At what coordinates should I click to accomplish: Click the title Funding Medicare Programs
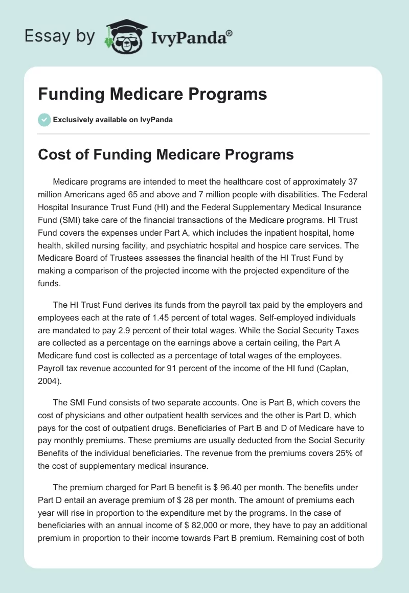tap(152, 94)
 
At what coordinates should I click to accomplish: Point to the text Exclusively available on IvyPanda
tap(113, 120)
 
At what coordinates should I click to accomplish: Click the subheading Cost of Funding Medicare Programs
tap(166, 154)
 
